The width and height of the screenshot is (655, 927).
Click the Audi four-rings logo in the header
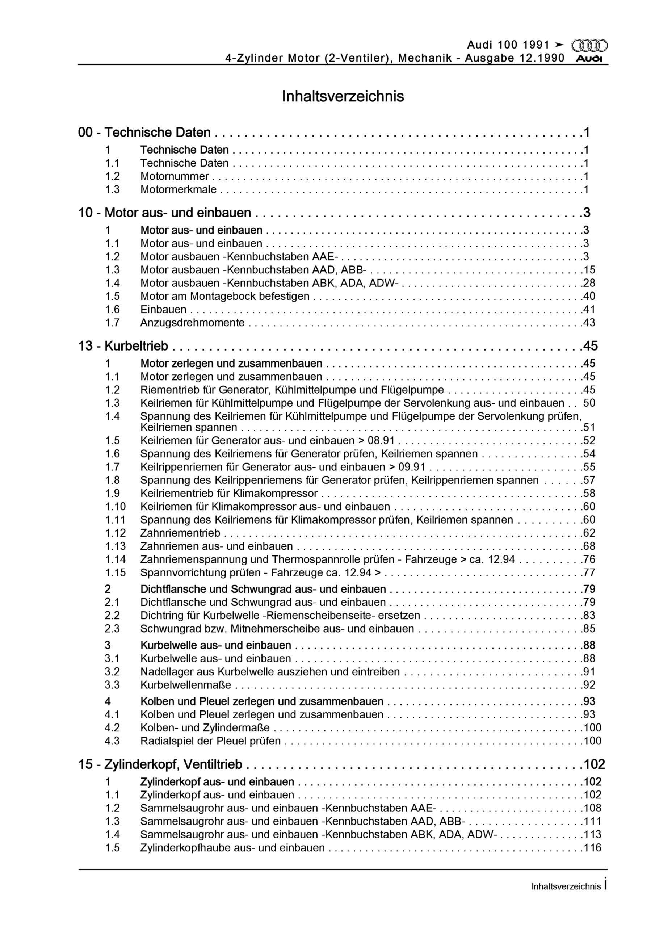click(589, 46)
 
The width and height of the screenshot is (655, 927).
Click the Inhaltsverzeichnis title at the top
click(343, 96)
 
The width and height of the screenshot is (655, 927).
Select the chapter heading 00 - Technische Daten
click(144, 133)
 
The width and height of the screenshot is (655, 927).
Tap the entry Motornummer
click(175, 176)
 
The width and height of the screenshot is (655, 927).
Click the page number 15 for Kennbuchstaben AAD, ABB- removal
click(589, 270)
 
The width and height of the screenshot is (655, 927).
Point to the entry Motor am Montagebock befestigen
click(225, 296)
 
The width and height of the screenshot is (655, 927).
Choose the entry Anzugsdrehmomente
click(193, 323)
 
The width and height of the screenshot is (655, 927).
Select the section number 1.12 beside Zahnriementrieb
click(116, 533)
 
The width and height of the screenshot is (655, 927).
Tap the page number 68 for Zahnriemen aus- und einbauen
click(589, 546)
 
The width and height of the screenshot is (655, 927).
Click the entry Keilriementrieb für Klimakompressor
click(229, 494)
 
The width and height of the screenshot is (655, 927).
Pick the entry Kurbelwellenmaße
click(186, 685)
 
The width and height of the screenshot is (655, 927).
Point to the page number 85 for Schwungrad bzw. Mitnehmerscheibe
click(589, 629)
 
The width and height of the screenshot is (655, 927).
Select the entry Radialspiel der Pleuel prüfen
click(210, 741)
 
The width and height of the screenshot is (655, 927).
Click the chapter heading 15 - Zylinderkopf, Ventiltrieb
click(160, 764)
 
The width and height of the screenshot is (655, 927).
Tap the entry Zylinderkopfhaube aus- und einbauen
click(232, 847)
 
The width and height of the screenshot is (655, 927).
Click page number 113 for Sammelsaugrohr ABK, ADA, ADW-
click(592, 834)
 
